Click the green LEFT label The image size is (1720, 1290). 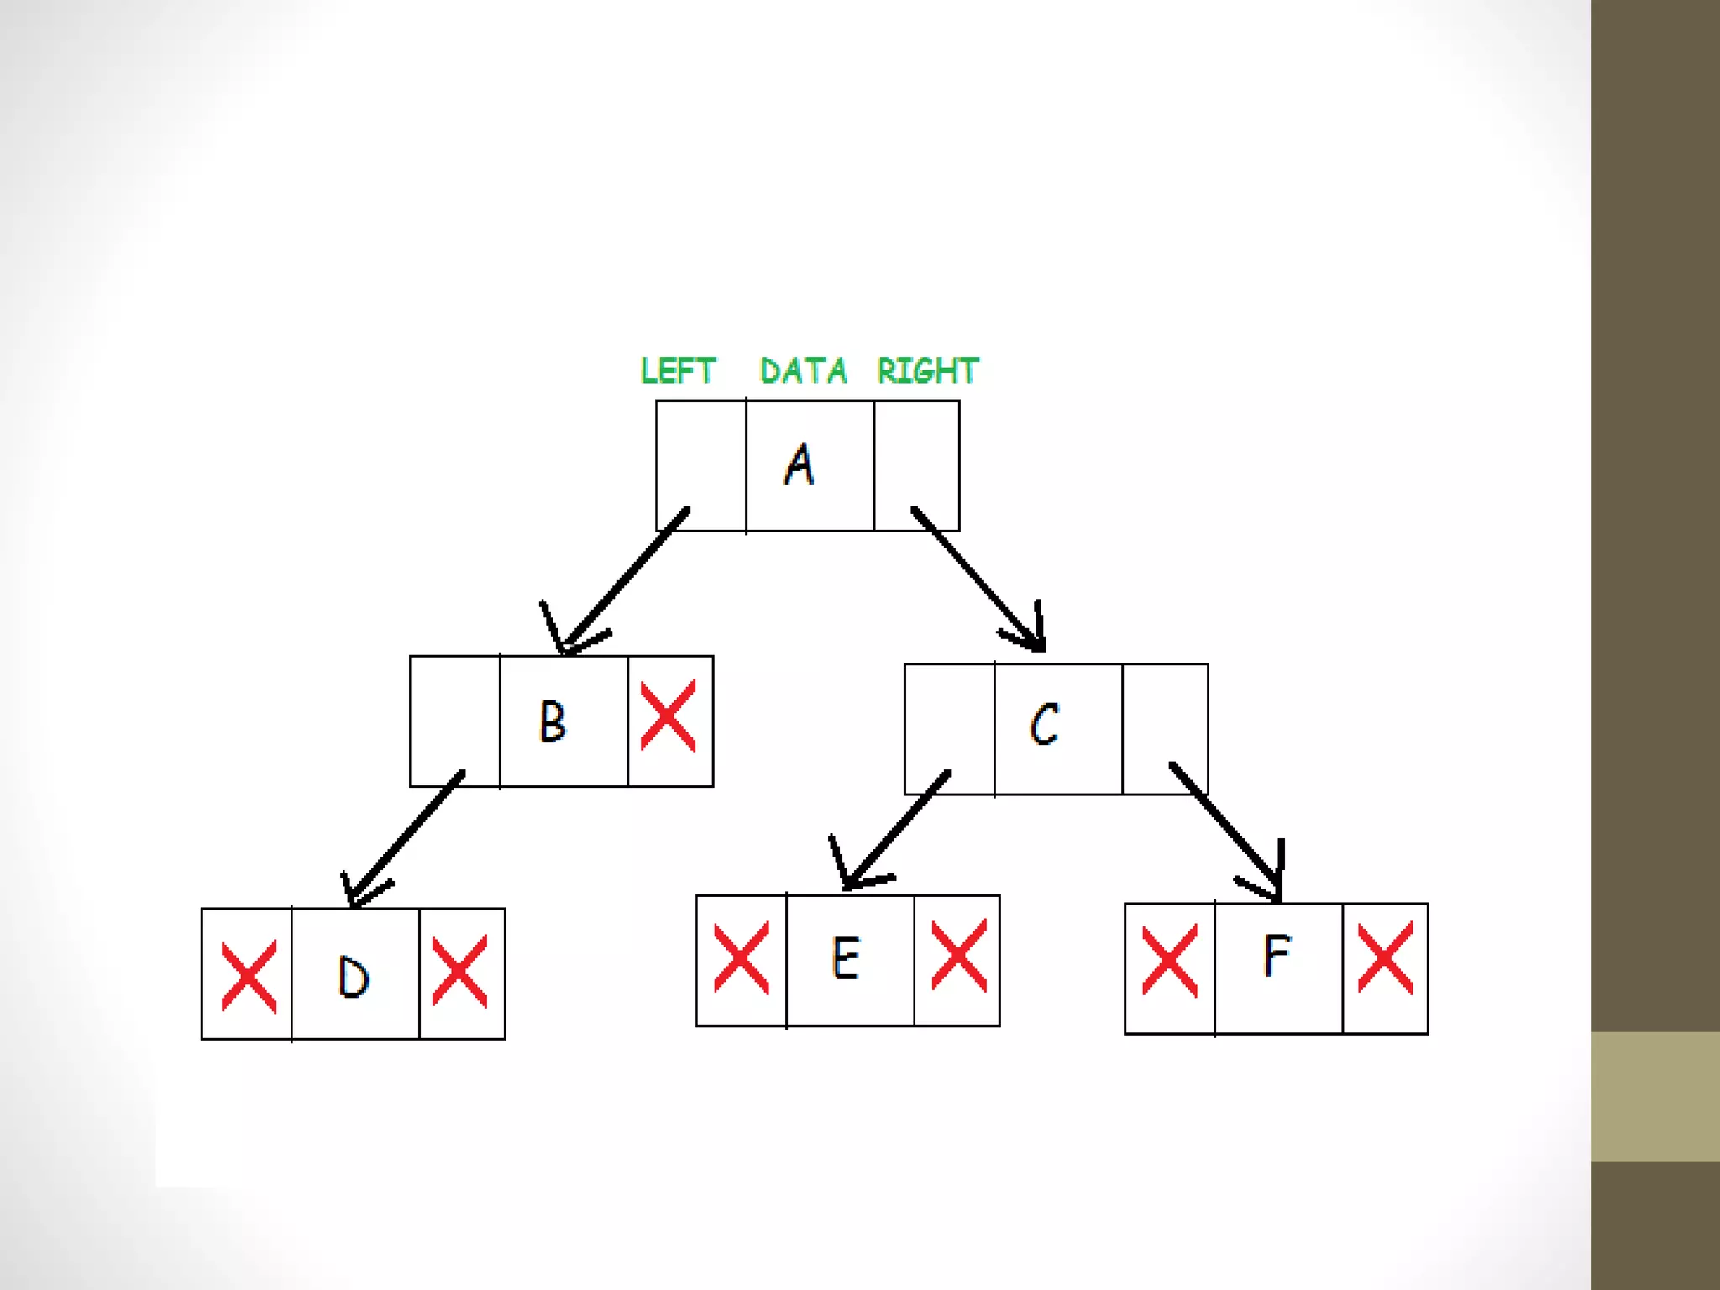(678, 370)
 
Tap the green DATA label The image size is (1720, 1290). (803, 370)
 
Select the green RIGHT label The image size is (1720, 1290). (928, 370)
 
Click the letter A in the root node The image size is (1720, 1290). (800, 464)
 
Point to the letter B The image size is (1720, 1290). (553, 721)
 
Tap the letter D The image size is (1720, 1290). (353, 978)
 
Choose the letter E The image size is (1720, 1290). (846, 958)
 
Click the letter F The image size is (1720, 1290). (1277, 956)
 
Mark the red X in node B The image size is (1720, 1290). (669, 716)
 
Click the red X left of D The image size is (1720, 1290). (249, 976)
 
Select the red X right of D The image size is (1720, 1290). (459, 971)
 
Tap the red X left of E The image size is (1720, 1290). (741, 958)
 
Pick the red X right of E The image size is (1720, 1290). (959, 956)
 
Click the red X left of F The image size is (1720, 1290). (1170, 961)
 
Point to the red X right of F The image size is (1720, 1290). (1385, 958)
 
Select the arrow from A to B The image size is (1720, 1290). (626, 579)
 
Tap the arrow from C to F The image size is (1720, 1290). (1226, 831)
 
